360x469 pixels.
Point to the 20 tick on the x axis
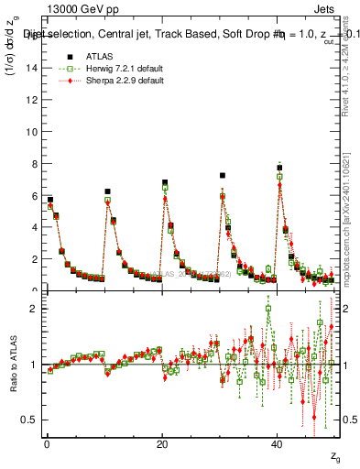tap(162, 442)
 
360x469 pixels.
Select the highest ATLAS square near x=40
tap(279, 168)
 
